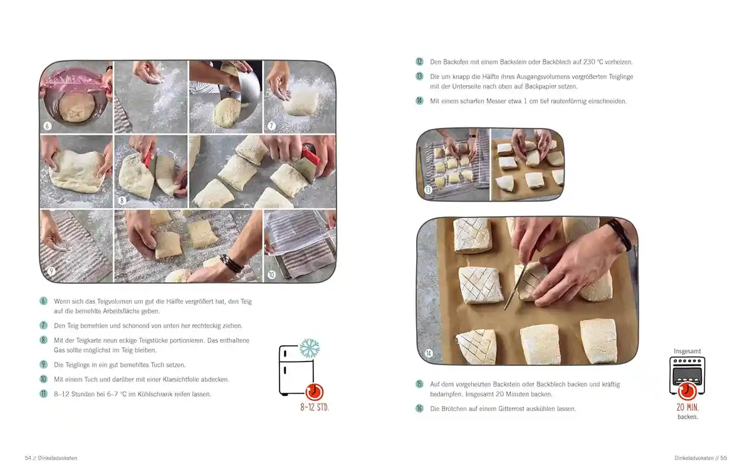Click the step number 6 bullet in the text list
(43, 301)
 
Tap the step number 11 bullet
(43, 394)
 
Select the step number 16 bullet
(419, 408)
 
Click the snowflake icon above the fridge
(309, 348)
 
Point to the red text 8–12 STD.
(314, 407)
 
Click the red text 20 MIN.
(687, 407)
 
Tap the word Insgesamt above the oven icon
(687, 351)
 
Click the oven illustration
(687, 375)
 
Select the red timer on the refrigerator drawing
(314, 392)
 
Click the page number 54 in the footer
(28, 458)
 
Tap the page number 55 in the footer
(723, 458)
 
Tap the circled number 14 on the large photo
(429, 353)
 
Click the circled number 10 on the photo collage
(271, 274)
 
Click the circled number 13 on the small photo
(428, 190)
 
